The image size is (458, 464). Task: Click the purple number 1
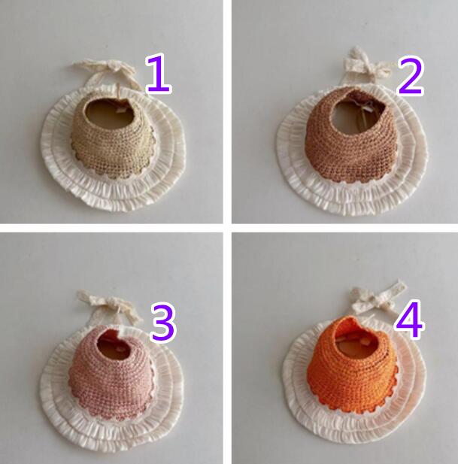pyautogui.click(x=159, y=74)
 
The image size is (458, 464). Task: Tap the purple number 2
pyautogui.click(x=411, y=76)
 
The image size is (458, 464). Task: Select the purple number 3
pyautogui.click(x=164, y=323)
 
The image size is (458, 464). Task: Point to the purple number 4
pyautogui.click(x=409, y=319)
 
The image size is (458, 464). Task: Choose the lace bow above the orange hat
pyautogui.click(x=379, y=299)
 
